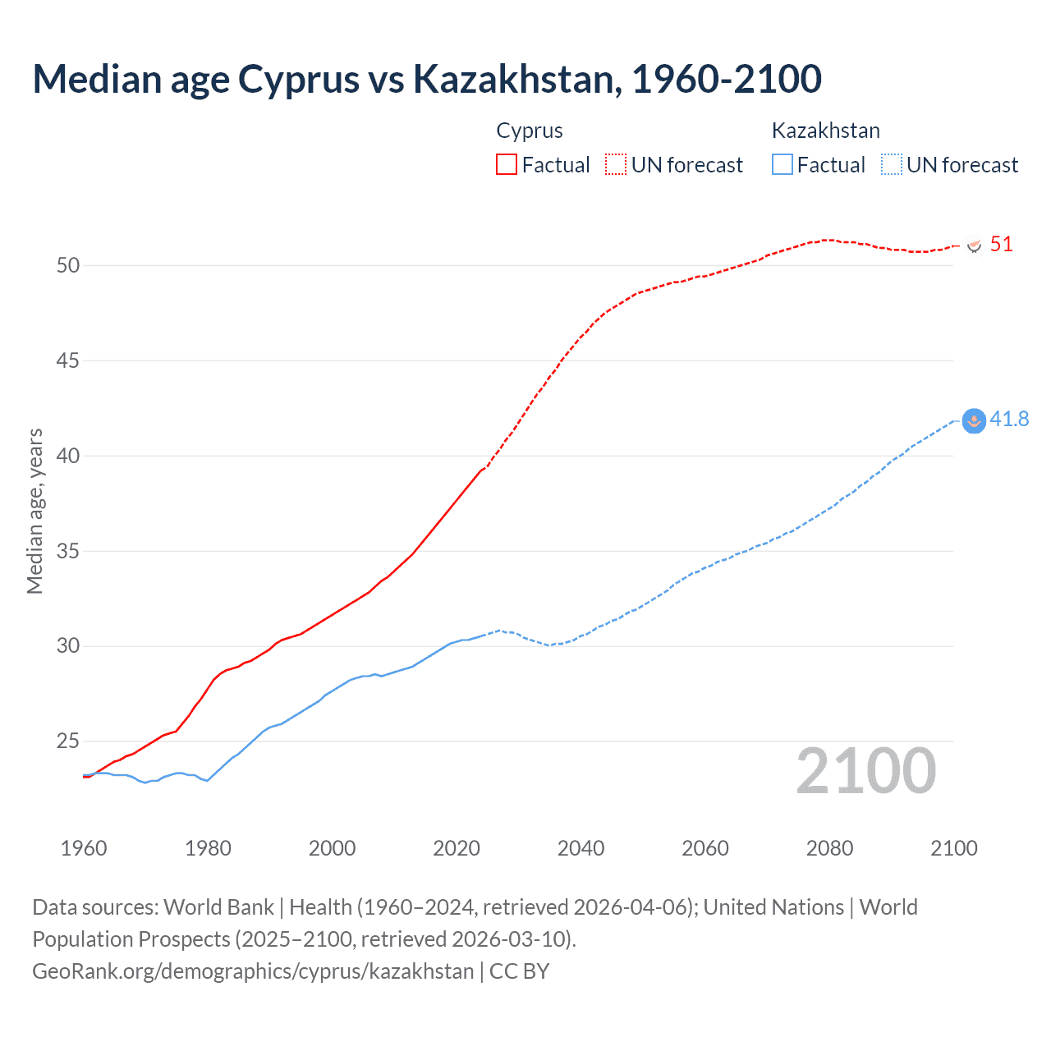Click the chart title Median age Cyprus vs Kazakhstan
click(x=427, y=79)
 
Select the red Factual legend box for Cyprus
click(x=507, y=164)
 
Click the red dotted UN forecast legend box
click(x=616, y=164)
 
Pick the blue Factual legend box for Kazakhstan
click(x=783, y=164)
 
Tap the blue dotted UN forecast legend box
click(x=892, y=164)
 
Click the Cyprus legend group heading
click(x=530, y=131)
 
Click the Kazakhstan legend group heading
click(x=825, y=131)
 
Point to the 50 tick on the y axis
click(x=68, y=265)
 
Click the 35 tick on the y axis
click(x=68, y=551)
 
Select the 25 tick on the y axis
click(x=68, y=741)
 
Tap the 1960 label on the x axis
click(x=84, y=848)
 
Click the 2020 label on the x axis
click(x=457, y=848)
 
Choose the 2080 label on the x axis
click(x=829, y=848)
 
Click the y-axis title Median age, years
click(x=34, y=511)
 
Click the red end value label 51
click(x=1001, y=244)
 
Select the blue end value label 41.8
click(x=1009, y=419)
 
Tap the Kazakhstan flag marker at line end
click(x=974, y=421)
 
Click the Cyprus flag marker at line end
click(x=974, y=246)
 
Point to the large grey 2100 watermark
click(x=866, y=771)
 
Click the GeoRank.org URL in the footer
click(x=253, y=971)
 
